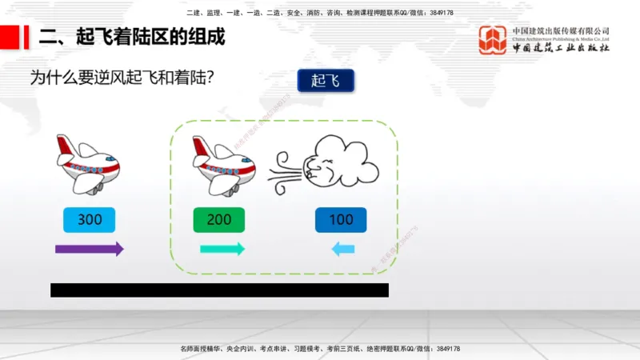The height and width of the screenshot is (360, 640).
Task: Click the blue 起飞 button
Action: tap(325, 81)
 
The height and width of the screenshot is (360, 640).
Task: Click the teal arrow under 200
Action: tap(222, 249)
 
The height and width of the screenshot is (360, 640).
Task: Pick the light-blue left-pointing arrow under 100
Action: tap(343, 250)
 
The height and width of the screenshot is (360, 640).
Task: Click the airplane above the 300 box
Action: tap(89, 164)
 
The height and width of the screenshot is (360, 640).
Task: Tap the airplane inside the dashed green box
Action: tap(224, 164)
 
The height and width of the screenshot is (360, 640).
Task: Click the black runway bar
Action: tap(219, 290)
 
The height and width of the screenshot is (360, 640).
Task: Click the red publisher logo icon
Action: tap(492, 41)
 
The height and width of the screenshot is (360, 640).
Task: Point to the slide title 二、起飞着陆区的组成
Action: tap(132, 37)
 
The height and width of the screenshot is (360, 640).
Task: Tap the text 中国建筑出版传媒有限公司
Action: tap(561, 30)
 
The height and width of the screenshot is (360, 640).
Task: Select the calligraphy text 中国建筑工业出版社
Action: tap(561, 48)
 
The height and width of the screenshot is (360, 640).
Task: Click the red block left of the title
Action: tap(10, 37)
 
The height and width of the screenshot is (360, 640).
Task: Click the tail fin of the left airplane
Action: tap(63, 146)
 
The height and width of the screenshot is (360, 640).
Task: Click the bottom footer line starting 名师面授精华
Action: tap(320, 349)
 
